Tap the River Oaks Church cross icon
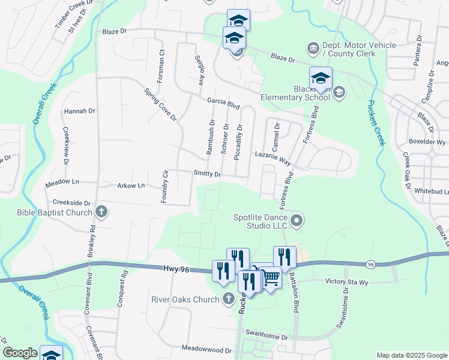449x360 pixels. [228, 298]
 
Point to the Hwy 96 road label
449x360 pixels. [176, 270]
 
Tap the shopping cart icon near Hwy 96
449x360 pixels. [271, 278]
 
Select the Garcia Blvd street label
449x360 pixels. [223, 103]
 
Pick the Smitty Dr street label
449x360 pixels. [207, 174]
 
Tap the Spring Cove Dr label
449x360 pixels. [160, 104]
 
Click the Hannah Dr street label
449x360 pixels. [79, 111]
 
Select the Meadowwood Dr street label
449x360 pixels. [206, 349]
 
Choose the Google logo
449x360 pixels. [20, 353]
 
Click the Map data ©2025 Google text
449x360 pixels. [412, 355]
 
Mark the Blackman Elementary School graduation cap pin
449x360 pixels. [321, 79]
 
